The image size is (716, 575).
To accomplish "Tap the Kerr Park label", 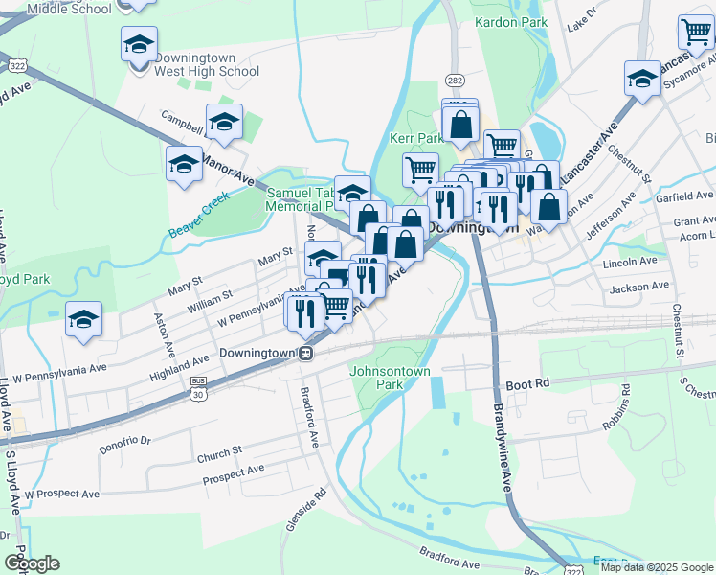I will [415, 138].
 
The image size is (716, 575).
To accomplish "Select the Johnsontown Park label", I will [391, 378].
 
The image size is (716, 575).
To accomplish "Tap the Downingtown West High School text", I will [207, 64].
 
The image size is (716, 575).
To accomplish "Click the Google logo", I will [32, 563].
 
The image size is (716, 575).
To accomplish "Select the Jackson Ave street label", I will [638, 287].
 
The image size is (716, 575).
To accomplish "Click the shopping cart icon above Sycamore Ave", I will [696, 33].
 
